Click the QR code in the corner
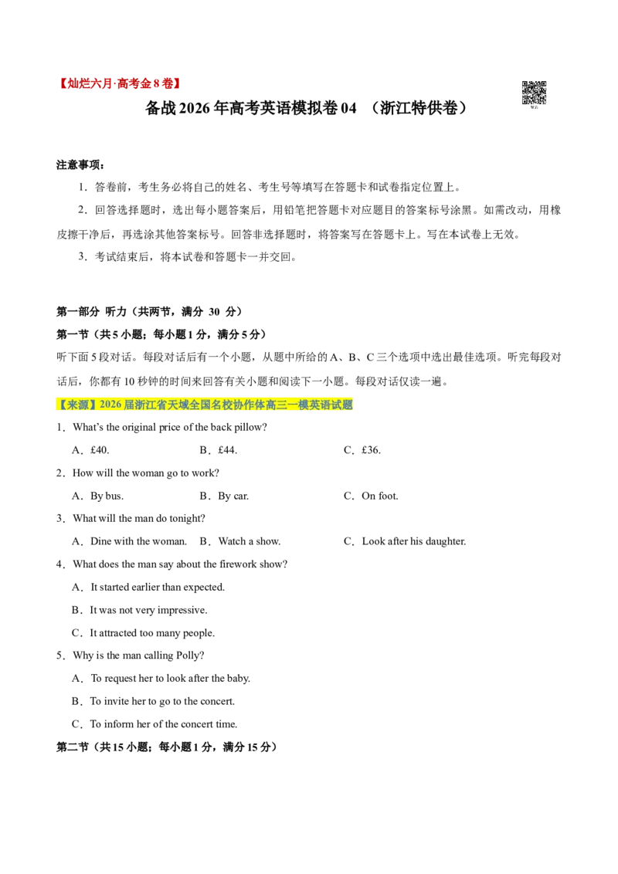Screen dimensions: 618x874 (534, 93)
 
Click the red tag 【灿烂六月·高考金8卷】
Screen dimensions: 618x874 (120, 83)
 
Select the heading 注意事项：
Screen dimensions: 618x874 (81, 165)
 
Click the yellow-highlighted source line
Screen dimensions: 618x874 (205, 405)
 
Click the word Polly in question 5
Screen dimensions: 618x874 (188, 655)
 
